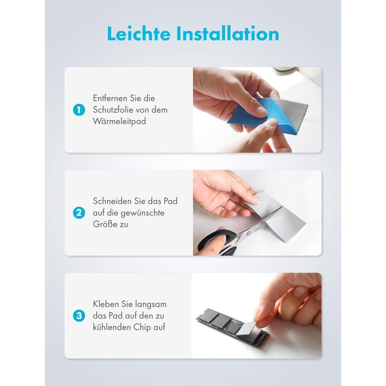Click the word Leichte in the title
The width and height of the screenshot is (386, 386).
[x=139, y=34]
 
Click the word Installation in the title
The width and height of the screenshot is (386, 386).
[x=228, y=34]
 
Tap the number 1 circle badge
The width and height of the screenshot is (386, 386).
[x=79, y=110]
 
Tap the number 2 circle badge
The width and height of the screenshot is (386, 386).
[x=79, y=213]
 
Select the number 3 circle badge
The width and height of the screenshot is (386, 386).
[x=79, y=316]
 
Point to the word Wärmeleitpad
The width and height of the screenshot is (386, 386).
[x=119, y=121]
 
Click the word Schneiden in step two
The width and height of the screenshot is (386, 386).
[x=112, y=201]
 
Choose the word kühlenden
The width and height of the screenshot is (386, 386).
[x=112, y=327]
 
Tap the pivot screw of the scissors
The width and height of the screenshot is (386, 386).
[x=249, y=233]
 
